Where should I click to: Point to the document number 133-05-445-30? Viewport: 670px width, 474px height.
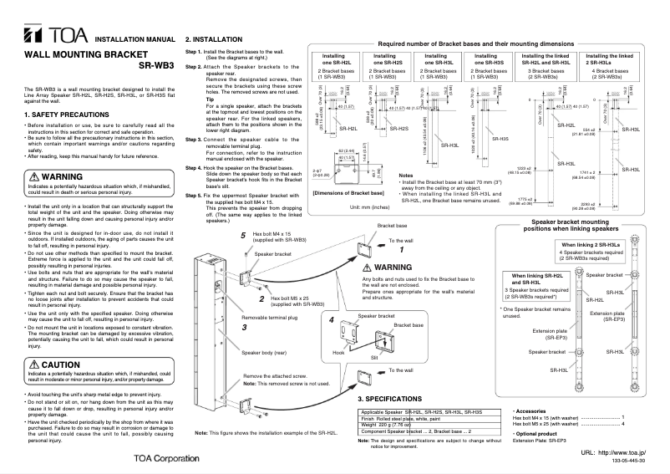point(640,461)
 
